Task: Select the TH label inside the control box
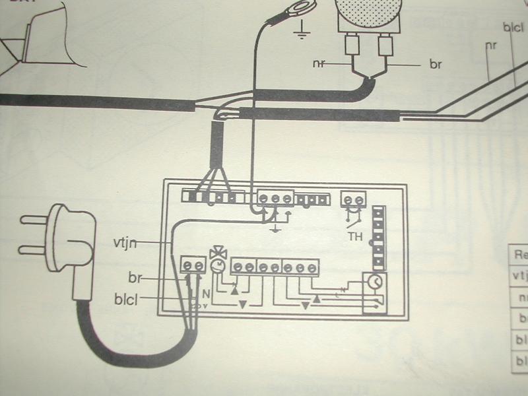pyautogui.click(x=355, y=234)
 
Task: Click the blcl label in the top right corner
pyautogui.click(x=513, y=29)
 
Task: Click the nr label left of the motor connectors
pyautogui.click(x=319, y=64)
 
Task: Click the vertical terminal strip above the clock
pyautogui.click(x=378, y=238)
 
